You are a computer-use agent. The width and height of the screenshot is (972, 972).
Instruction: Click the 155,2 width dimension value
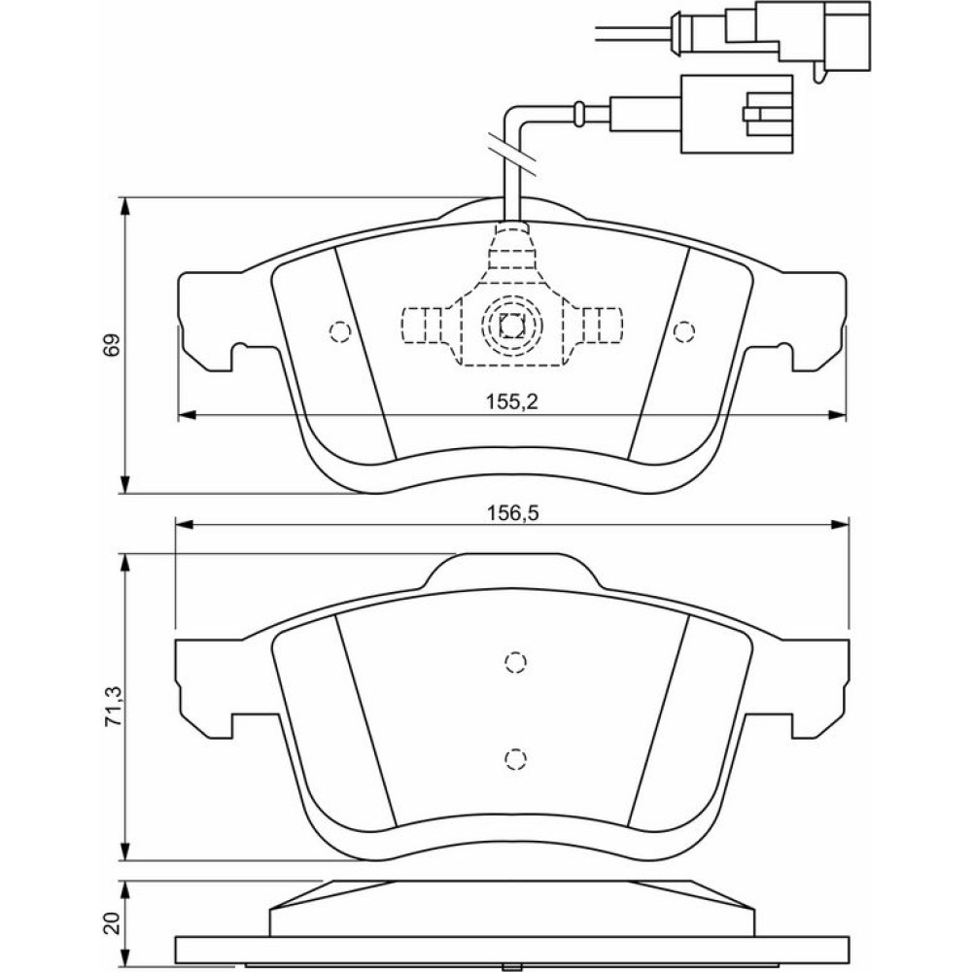coord(510,401)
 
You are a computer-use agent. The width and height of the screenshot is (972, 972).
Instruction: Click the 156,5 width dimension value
coord(510,512)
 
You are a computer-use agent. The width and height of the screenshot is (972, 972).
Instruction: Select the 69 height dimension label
coord(114,345)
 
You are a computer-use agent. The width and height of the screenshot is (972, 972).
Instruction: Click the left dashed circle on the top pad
coord(339,331)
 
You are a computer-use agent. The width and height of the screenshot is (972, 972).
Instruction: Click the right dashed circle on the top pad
coord(684,331)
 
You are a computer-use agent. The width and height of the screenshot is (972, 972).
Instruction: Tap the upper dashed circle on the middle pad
coord(515,663)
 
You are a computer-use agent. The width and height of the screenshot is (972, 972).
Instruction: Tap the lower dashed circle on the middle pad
coord(515,757)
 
